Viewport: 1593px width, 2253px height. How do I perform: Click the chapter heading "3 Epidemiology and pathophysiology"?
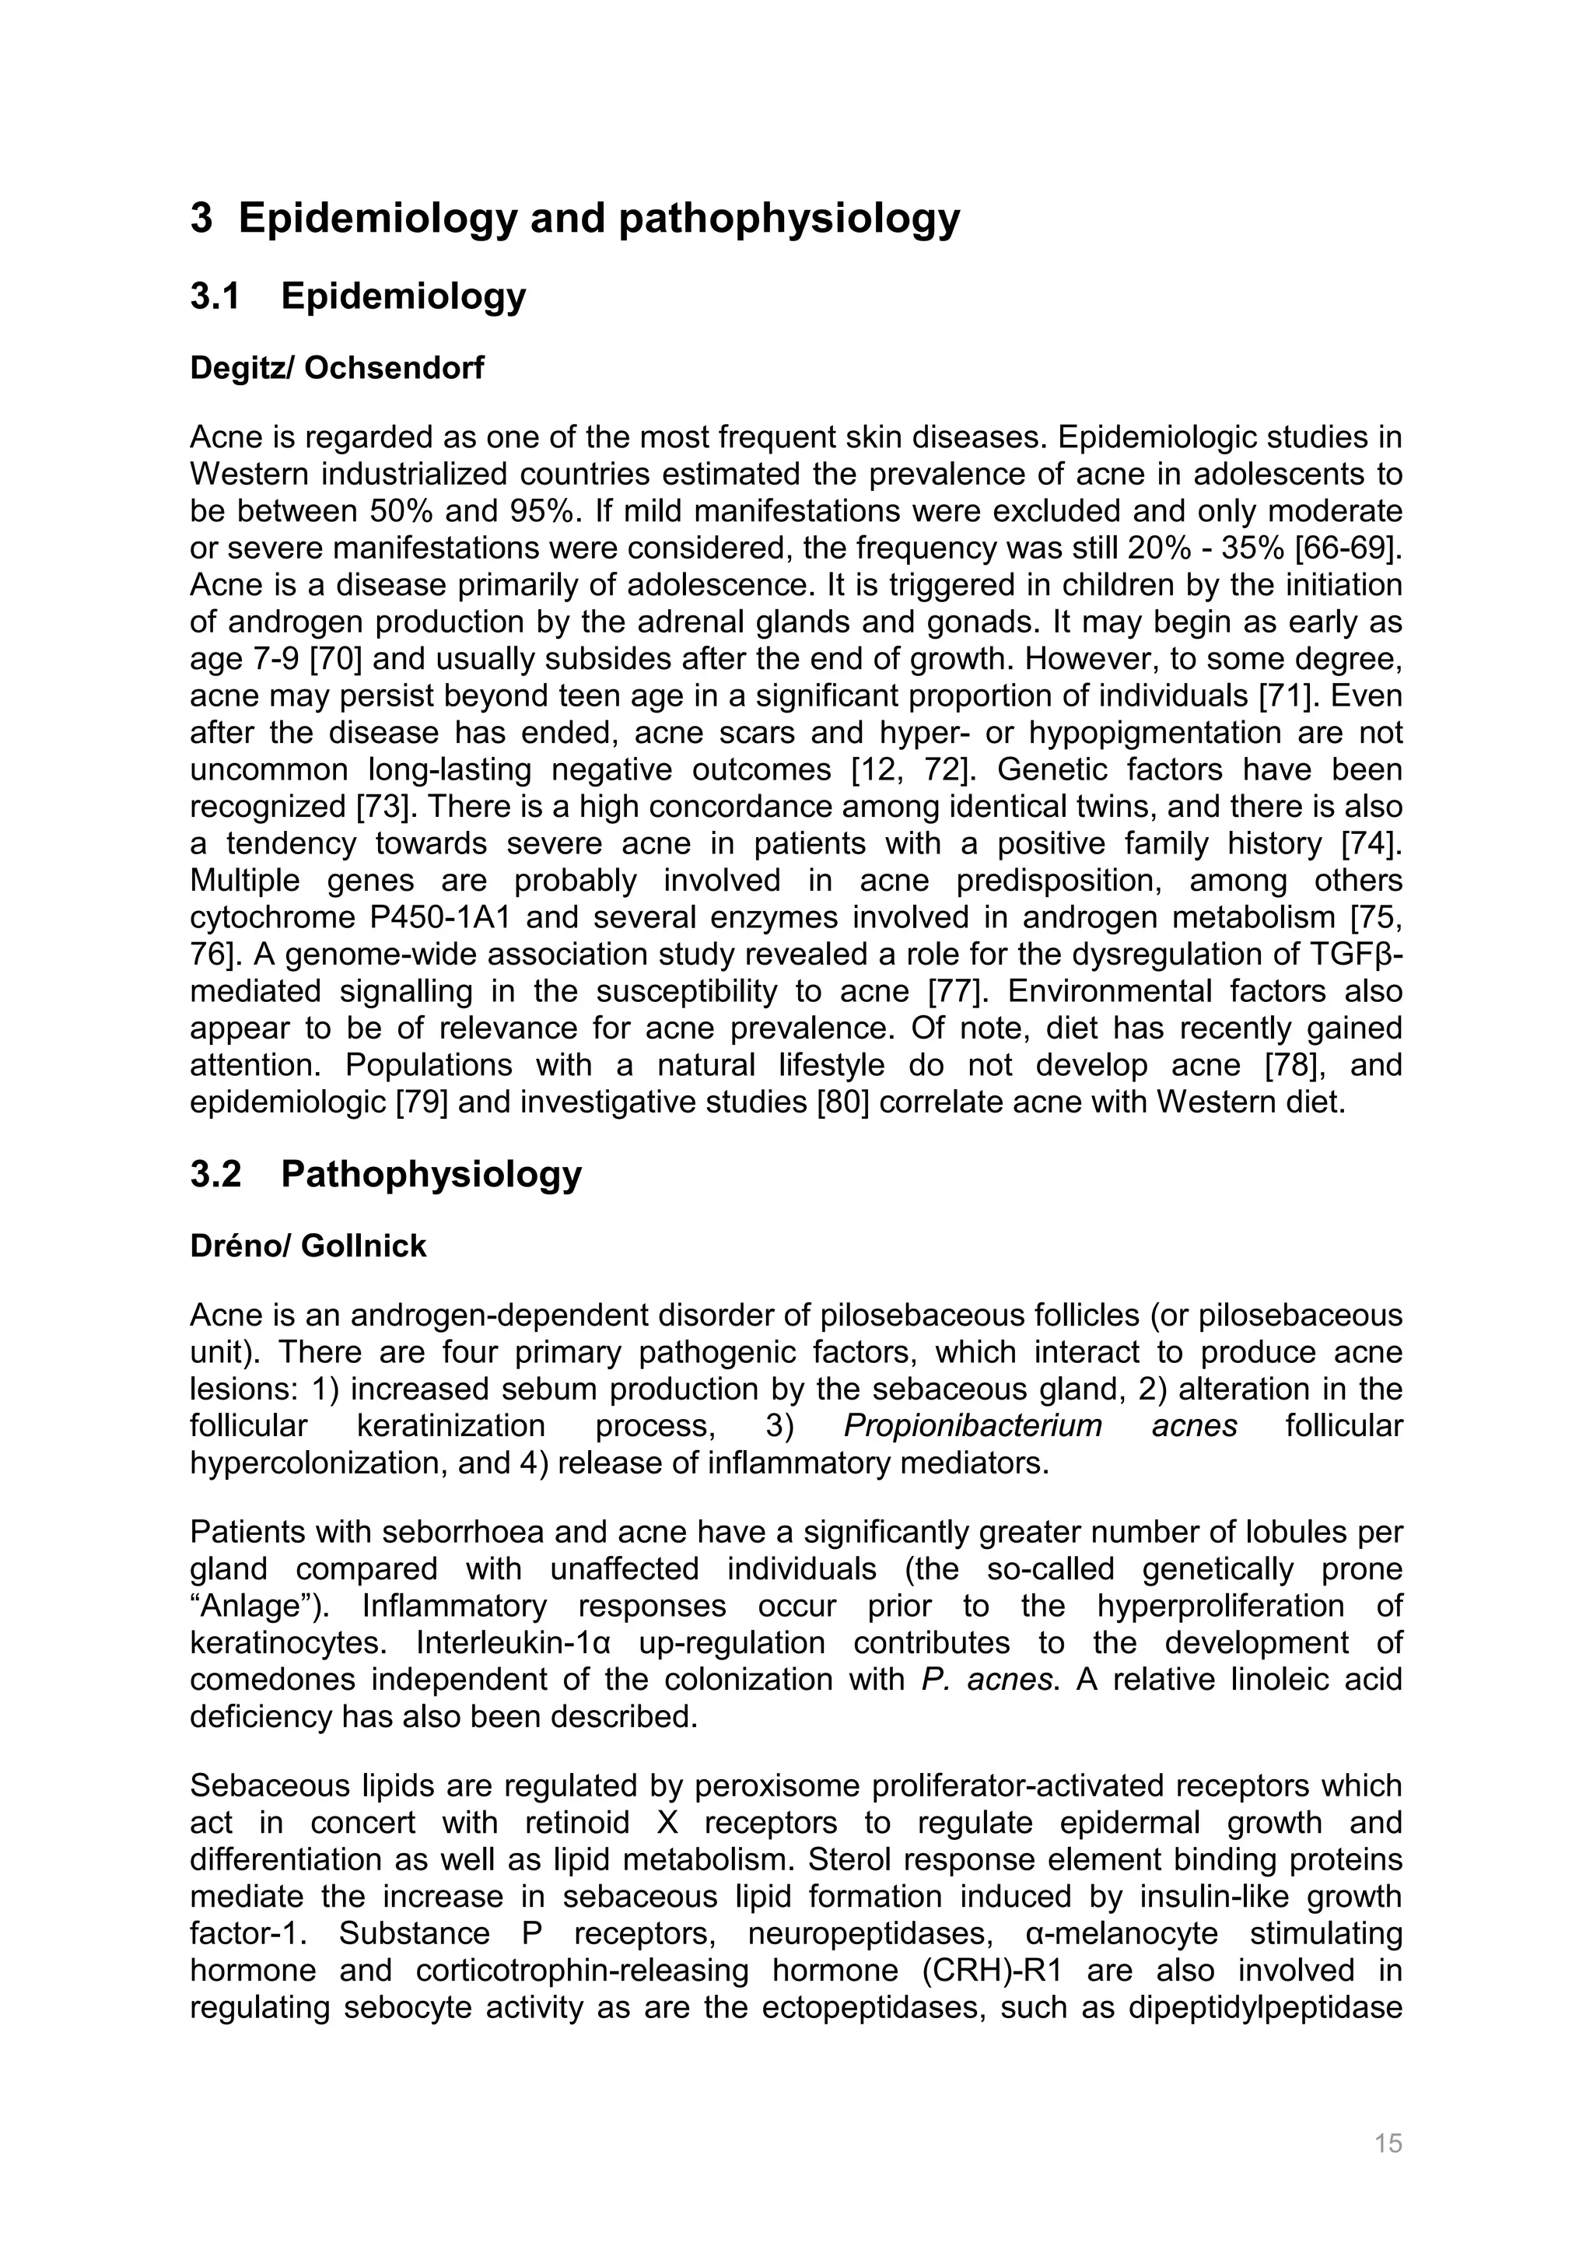click(575, 218)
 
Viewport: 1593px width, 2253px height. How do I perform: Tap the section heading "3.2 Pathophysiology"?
click(386, 1174)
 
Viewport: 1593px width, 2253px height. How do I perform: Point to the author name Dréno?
click(240, 1246)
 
